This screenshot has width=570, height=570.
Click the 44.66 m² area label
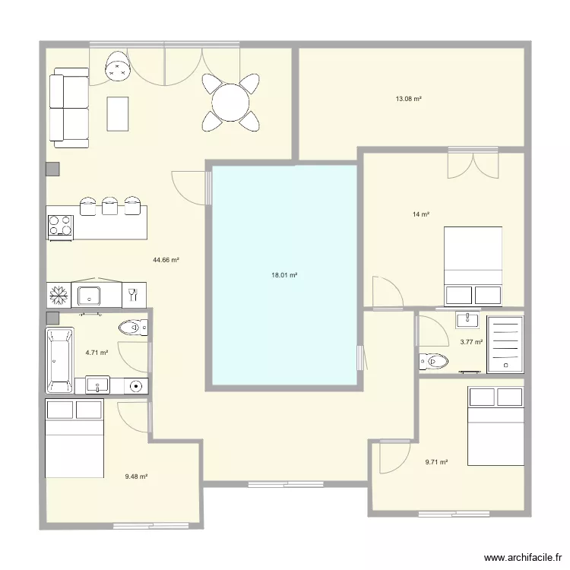(166, 260)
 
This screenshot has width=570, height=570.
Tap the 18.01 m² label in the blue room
(284, 275)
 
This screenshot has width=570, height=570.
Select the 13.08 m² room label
(409, 99)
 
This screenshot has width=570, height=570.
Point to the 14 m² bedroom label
(421, 214)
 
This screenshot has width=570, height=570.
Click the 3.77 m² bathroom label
(471, 342)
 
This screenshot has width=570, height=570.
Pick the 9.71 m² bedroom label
(436, 462)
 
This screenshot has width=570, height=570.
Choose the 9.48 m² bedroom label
(136, 477)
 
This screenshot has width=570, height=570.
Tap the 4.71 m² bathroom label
(97, 352)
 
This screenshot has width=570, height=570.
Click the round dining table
(231, 103)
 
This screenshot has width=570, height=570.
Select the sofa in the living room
(69, 108)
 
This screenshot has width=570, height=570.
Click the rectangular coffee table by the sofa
(117, 114)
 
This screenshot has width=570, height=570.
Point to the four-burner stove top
(60, 226)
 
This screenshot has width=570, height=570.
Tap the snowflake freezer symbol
(59, 295)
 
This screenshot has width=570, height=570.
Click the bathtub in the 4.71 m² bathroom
(60, 360)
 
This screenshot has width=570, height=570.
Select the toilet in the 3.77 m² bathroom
(434, 361)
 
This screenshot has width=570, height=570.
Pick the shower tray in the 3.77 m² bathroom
(505, 344)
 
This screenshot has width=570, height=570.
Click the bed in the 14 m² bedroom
(473, 266)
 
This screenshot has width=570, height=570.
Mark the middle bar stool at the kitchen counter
(109, 205)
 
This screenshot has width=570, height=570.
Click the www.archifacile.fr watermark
(523, 558)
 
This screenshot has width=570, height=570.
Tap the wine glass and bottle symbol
(133, 294)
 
